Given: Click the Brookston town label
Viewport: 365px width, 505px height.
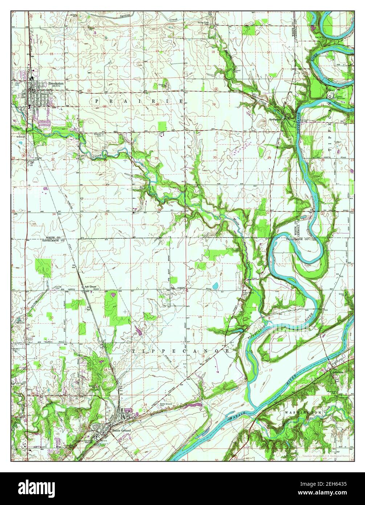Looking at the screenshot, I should click(56, 83).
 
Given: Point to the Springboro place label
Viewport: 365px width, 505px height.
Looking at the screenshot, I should click(275, 119).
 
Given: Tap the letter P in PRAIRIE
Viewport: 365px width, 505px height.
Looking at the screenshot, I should click(97, 100).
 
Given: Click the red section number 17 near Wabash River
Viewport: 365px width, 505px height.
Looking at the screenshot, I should click(271, 370).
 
